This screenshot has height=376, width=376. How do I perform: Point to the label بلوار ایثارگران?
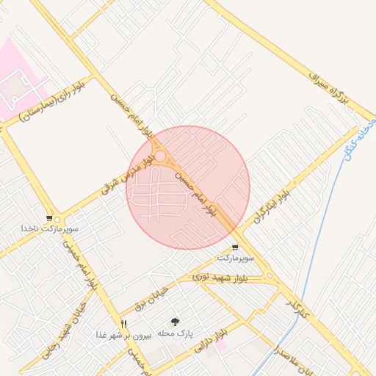[x=272, y=201]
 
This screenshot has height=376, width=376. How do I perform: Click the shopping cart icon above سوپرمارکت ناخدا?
[x=49, y=218]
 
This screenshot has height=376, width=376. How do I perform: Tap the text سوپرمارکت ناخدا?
[x=49, y=229]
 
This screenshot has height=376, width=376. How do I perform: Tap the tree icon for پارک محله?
[x=175, y=322]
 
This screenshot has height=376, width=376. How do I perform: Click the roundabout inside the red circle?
[x=159, y=156]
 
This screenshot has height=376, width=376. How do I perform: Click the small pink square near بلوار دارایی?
[x=221, y=345]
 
